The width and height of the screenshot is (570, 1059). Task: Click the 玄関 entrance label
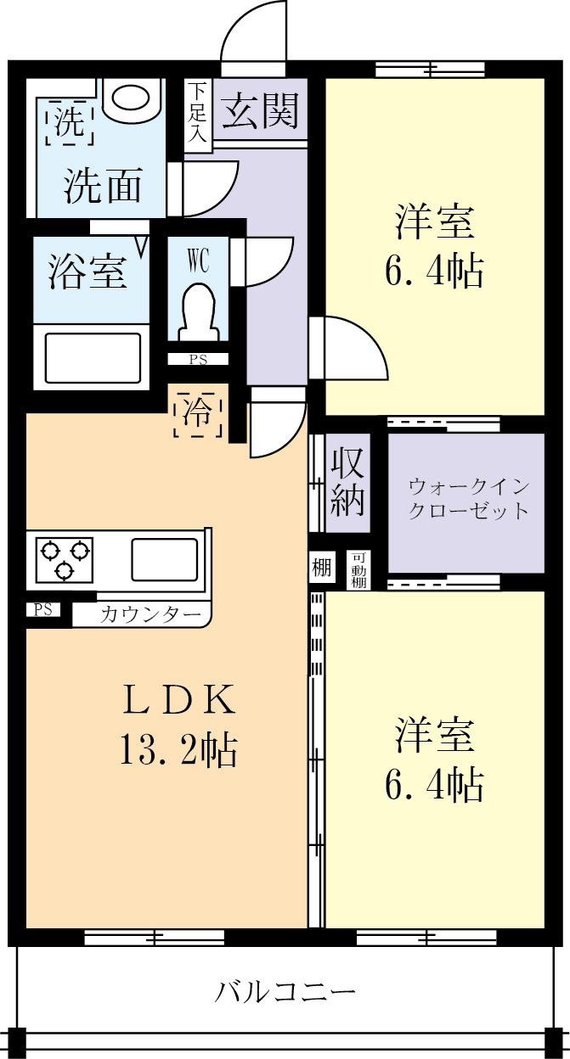point(261,111)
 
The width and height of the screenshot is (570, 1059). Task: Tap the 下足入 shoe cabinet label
point(197,111)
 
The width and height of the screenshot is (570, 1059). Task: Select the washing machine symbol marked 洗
point(65,124)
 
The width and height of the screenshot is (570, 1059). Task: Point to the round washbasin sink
point(132,97)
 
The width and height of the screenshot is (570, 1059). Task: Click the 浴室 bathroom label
point(87,272)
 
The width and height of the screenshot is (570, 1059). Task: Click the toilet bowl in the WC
point(198,310)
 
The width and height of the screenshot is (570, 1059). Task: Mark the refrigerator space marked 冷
point(199,412)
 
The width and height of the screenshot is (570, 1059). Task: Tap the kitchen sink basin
point(164,559)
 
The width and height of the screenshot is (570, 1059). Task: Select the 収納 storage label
point(347,481)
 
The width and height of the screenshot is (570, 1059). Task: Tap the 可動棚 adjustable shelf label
point(358,569)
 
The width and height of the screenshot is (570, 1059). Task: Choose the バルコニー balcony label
point(285,991)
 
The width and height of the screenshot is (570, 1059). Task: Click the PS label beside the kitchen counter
point(42,609)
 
